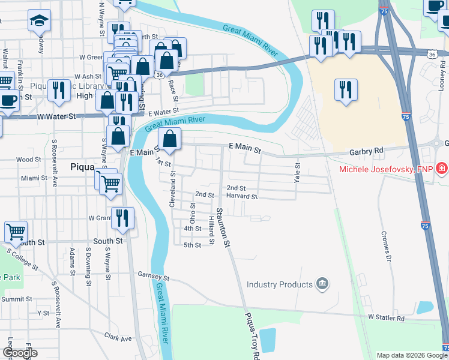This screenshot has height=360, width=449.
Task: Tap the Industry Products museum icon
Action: tap(322, 284)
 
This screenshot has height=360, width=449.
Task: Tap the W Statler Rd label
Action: tap(386, 317)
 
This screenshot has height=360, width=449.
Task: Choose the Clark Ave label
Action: tap(118, 338)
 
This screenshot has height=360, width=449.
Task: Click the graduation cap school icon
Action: tap(40, 21)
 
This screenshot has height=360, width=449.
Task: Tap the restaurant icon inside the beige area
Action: tap(346, 90)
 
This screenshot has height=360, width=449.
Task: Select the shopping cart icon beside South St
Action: tap(16, 231)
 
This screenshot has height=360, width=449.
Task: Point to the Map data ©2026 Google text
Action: tap(411, 355)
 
